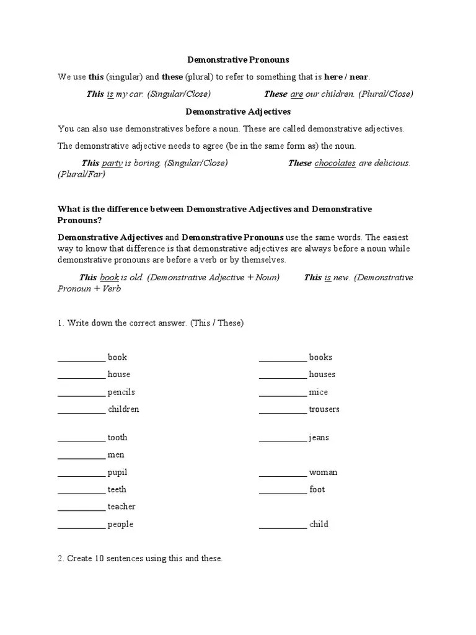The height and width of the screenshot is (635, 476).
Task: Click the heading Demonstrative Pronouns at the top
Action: click(x=238, y=60)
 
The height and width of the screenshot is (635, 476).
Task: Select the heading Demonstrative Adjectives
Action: click(x=238, y=112)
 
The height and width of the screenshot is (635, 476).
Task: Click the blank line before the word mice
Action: click(x=283, y=393)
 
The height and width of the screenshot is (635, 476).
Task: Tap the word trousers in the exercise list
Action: click(x=324, y=409)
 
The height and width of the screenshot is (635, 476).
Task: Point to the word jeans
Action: click(x=319, y=438)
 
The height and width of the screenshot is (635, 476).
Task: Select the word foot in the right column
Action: click(x=317, y=489)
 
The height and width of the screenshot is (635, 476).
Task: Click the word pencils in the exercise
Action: click(x=121, y=392)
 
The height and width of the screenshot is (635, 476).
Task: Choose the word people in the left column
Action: click(x=120, y=525)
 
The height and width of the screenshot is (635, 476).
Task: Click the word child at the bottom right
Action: click(x=319, y=524)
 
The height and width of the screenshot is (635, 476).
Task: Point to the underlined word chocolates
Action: click(x=335, y=163)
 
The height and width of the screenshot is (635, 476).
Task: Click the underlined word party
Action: click(x=112, y=163)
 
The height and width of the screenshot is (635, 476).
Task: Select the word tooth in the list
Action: click(x=118, y=437)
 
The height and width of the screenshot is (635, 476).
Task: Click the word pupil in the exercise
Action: click(x=117, y=472)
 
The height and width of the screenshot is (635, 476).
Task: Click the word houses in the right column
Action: click(x=322, y=374)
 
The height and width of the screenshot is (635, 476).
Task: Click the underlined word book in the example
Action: click(x=109, y=277)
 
